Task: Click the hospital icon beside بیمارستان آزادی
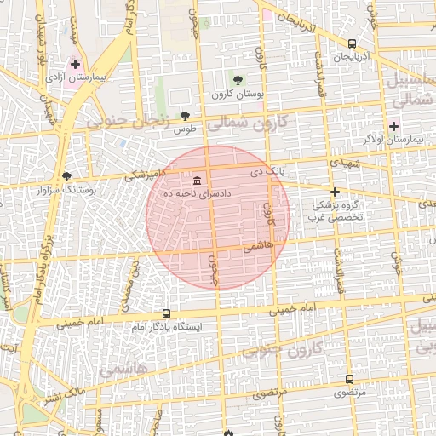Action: [x=76, y=64]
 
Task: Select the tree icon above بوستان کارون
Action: [x=238, y=79]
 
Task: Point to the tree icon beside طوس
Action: [x=186, y=116]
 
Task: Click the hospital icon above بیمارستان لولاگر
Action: [x=393, y=126]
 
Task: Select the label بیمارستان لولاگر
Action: [x=393, y=139]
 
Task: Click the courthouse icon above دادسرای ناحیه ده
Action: [x=198, y=181]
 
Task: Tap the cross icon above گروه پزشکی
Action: [x=336, y=192]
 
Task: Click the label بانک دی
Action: [x=266, y=171]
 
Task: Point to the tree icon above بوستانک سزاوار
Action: [x=66, y=176]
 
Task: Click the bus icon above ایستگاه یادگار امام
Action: [x=165, y=313]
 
